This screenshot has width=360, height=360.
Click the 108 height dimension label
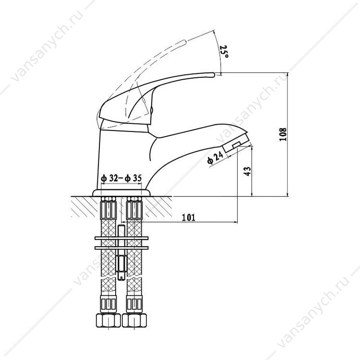tap(283, 134)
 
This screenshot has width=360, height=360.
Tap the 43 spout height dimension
tap(248, 171)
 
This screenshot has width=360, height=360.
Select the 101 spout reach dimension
tap(189, 217)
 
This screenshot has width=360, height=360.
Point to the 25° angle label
tap(224, 51)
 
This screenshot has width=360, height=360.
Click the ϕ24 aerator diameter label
tap(215, 157)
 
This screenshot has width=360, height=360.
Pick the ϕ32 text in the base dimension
tap(109, 178)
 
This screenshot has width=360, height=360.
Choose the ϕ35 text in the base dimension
tap(133, 178)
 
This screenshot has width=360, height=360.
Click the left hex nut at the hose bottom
tap(108, 321)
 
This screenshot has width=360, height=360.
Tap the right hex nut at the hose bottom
tap(134, 321)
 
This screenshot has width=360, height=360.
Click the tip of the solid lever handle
tap(214, 74)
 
